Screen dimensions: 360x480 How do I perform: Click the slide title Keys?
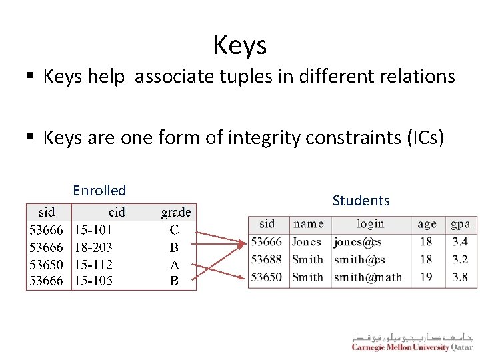(240, 45)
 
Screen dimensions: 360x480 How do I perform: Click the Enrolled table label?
(99, 190)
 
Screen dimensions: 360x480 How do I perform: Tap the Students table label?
(361, 200)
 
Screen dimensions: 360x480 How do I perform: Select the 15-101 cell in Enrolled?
(93, 231)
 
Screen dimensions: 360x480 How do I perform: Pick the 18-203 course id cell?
(93, 247)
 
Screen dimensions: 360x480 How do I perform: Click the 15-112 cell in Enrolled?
(93, 264)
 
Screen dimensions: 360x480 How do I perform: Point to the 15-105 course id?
(93, 281)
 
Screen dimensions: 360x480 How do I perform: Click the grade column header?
(175, 213)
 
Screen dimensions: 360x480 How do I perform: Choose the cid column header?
(117, 213)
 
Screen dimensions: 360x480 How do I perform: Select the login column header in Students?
(370, 224)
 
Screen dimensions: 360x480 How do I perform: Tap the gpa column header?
(460, 224)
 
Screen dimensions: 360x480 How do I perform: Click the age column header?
(427, 224)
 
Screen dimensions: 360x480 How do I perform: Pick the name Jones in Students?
(307, 242)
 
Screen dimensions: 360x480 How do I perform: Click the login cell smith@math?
(368, 277)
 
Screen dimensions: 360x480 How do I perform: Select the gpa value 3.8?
(460, 277)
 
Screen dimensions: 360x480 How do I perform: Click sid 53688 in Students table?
(267, 259)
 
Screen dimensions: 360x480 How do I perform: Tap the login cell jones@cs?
(358, 242)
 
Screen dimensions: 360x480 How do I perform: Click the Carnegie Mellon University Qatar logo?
(412, 341)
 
